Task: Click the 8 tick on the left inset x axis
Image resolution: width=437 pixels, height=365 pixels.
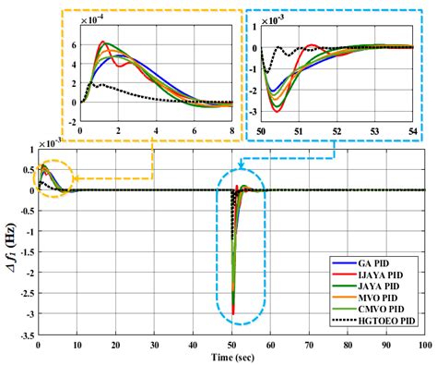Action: pyautogui.click(x=232, y=131)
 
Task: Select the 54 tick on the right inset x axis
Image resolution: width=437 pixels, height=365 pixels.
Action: pyautogui.click(x=409, y=131)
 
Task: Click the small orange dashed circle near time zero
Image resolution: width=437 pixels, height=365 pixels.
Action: pyautogui.click(x=53, y=176)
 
